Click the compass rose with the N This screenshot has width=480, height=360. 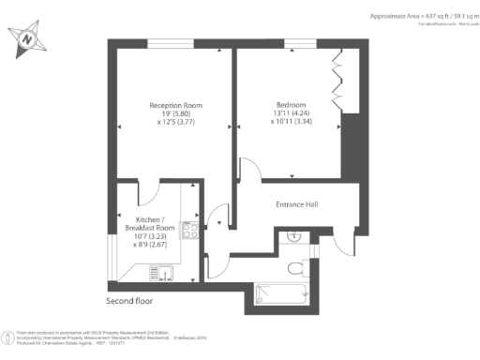[x=28, y=37]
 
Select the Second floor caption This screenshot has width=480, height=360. [x=129, y=302]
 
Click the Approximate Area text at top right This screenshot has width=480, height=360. [x=411, y=17]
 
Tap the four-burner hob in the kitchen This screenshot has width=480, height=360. [x=190, y=231]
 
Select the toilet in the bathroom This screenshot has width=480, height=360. [x=295, y=268]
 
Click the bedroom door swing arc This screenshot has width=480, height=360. [x=248, y=169]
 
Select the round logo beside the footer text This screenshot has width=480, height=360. [x=8, y=336]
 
